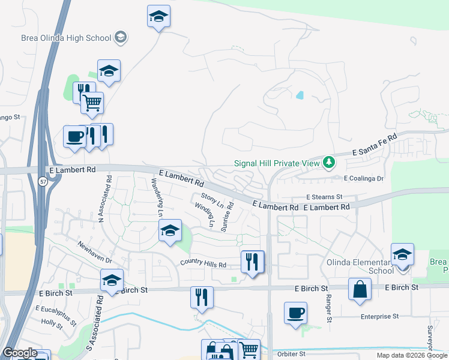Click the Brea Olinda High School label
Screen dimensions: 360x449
66,38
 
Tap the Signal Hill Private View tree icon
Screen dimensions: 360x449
328,163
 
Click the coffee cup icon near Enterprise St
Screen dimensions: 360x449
295,313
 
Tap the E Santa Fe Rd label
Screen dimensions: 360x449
375,145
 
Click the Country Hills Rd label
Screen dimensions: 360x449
203,264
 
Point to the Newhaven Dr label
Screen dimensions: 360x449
94,252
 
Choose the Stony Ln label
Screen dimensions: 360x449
212,200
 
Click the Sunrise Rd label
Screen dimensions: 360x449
227,217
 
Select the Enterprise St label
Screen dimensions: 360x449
379,316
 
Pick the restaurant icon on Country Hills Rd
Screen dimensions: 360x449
252,262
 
